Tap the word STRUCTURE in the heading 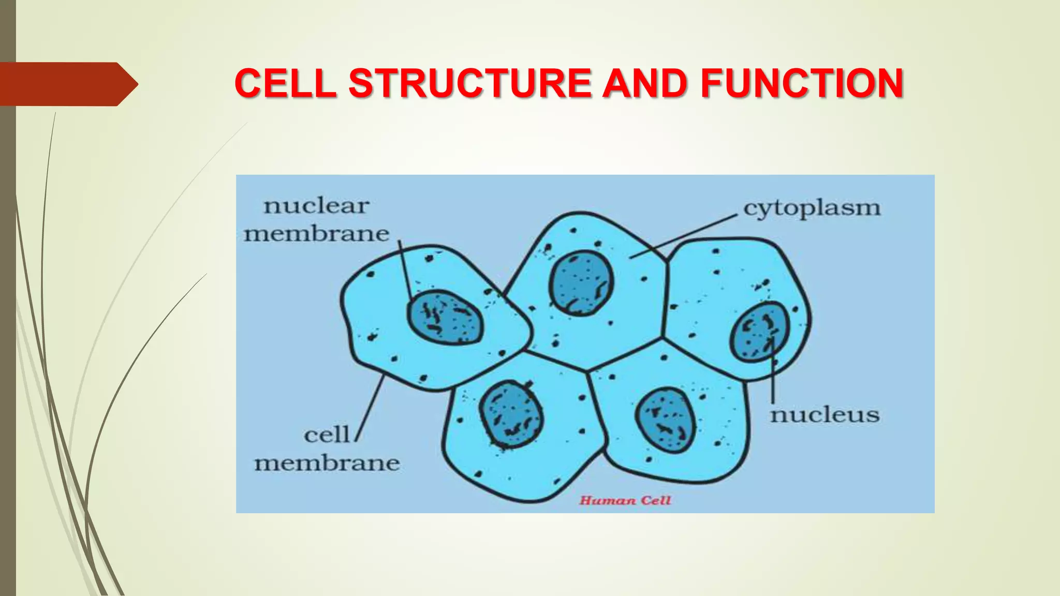469,83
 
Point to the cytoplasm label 811,209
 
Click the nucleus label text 825,415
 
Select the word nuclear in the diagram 316,206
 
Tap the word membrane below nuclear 316,234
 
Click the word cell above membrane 327,435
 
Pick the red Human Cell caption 625,500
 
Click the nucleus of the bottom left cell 511,414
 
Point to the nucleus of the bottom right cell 665,420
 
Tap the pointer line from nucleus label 772,373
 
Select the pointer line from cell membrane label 370,409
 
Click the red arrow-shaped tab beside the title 65,84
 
